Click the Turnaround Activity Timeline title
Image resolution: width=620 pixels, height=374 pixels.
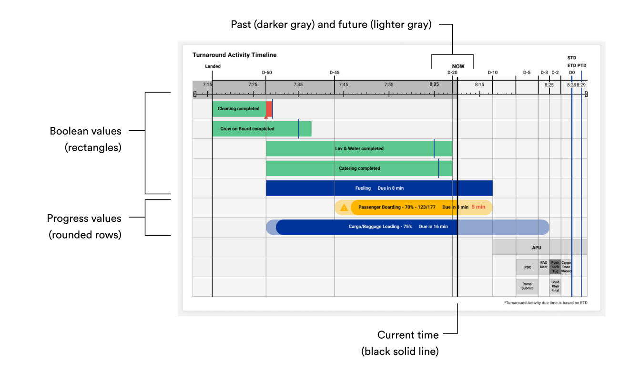234,55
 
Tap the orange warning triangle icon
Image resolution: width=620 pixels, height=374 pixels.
344,208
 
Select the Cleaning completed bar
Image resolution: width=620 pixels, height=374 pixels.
238,109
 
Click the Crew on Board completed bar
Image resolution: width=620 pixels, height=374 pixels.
247,129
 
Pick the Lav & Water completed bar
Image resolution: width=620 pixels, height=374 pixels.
359,148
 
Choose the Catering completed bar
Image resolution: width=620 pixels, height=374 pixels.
359,168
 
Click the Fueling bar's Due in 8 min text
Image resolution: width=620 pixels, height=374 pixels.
390,188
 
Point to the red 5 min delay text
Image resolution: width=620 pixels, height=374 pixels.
478,207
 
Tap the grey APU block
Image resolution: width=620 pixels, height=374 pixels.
537,248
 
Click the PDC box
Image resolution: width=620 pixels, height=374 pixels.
527,267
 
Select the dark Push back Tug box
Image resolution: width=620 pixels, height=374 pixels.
555,267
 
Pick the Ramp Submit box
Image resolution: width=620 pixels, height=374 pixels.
527,286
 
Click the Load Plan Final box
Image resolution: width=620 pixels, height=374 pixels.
555,286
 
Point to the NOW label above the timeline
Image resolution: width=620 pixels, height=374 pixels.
458,67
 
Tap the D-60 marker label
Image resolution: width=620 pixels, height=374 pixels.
267,73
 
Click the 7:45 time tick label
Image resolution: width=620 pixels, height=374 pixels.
343,85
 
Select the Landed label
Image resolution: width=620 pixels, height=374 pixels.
213,66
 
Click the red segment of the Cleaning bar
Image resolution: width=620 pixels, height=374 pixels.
269,109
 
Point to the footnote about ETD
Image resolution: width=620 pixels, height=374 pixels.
545,303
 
